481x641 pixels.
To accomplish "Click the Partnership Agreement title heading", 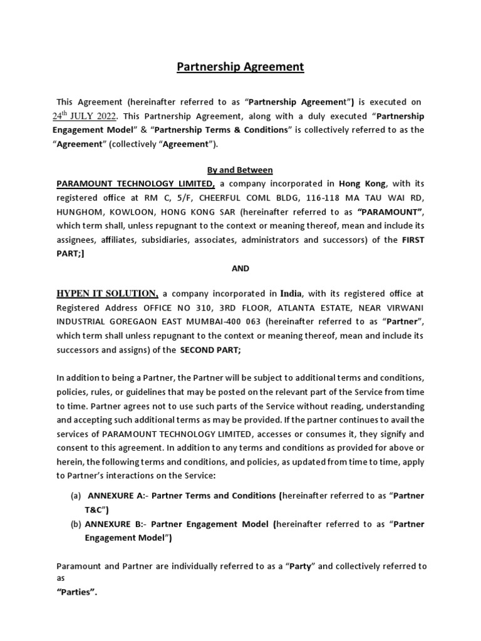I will (x=240, y=67).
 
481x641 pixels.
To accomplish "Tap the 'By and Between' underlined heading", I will (x=240, y=170).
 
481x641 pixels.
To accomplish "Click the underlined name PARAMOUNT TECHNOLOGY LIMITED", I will (x=136, y=183).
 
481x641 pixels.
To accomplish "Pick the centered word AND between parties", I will (x=240, y=268).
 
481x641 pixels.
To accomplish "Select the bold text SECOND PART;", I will (x=210, y=351).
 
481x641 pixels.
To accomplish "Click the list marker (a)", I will (x=76, y=495).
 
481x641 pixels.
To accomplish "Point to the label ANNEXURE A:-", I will (x=116, y=495).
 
